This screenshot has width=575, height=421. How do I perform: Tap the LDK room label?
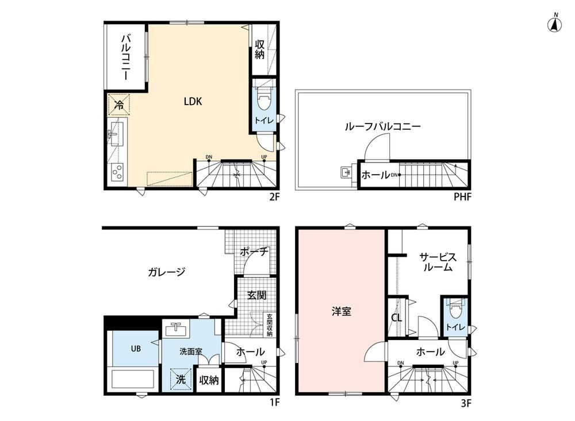[x=193, y=102]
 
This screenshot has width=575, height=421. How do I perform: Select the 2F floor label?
[x=274, y=197]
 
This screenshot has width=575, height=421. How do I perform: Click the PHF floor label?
[x=462, y=197]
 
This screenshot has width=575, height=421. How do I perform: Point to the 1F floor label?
[x=275, y=402]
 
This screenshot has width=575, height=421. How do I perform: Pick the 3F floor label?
[x=466, y=403]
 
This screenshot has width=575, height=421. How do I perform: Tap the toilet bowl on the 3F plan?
[x=455, y=310]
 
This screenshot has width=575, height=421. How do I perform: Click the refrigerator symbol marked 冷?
[x=119, y=105]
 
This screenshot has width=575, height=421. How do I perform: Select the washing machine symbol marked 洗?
[x=181, y=379]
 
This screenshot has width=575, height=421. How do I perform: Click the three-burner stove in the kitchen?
[x=117, y=171]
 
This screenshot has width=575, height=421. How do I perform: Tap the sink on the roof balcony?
[x=346, y=172]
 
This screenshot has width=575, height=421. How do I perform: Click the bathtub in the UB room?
[x=133, y=379]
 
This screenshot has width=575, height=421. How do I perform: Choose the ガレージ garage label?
[x=167, y=272]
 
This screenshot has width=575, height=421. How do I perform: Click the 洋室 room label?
[x=342, y=311]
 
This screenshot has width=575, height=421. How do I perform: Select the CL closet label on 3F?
[x=396, y=317]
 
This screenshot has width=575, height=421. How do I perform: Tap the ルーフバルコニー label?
[x=382, y=127]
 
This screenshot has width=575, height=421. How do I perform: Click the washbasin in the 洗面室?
[x=177, y=329]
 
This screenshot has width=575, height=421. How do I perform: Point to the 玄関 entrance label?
[x=256, y=295]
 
